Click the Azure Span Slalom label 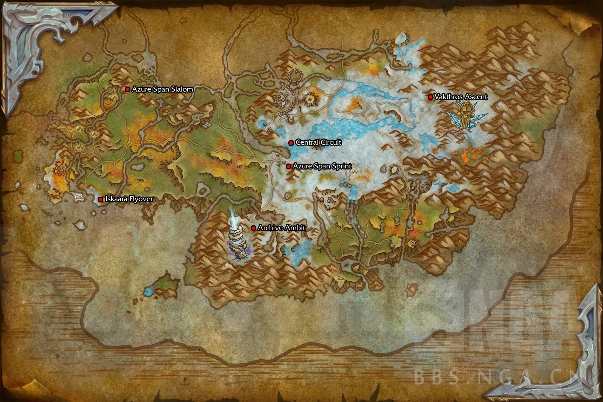(162, 89)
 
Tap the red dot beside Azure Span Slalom (128, 89)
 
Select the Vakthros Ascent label (461, 97)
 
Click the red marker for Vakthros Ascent (430, 97)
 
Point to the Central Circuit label (318, 142)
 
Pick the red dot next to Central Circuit (291, 143)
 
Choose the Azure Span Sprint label (322, 166)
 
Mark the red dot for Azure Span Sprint (288, 166)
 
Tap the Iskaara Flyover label (129, 199)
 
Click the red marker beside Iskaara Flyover (100, 199)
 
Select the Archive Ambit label (282, 228)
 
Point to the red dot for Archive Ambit (254, 228)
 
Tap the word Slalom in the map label (182, 89)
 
